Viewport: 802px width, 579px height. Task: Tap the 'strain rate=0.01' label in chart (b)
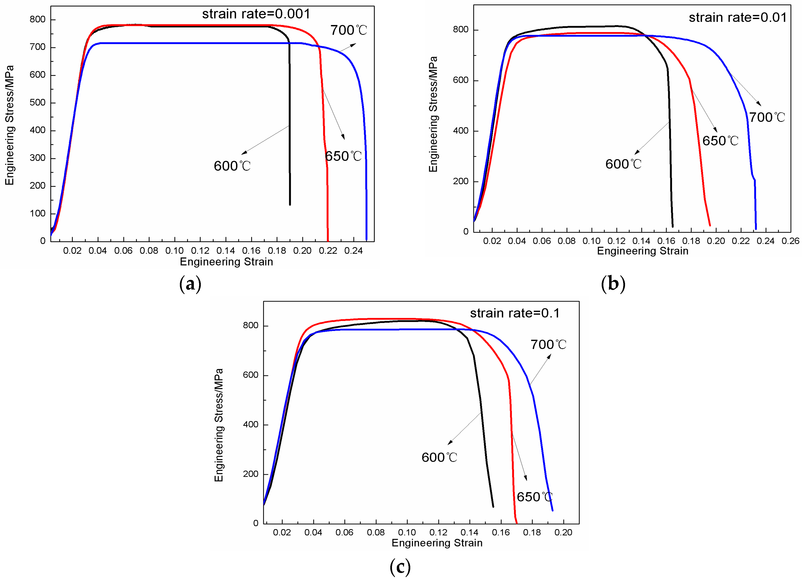click(x=737, y=17)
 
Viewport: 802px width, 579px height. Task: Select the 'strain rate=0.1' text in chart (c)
click(x=515, y=313)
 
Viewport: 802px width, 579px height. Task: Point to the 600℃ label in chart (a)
click(x=232, y=166)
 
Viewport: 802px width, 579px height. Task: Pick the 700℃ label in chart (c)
click(x=548, y=344)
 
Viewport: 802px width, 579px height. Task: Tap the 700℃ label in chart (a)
click(x=349, y=30)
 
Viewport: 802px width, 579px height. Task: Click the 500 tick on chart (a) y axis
click(x=38, y=103)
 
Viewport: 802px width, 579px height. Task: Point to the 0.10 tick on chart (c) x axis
click(x=407, y=532)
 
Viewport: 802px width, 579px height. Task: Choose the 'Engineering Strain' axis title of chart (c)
click(x=437, y=543)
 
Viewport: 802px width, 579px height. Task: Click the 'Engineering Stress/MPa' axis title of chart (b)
click(x=433, y=114)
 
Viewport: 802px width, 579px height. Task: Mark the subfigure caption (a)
click(x=190, y=284)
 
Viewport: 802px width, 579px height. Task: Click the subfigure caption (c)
click(x=400, y=567)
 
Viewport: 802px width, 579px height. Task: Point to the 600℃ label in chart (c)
click(x=439, y=457)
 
